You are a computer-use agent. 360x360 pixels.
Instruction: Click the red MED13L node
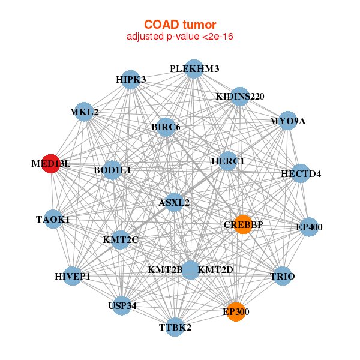[x=51, y=164]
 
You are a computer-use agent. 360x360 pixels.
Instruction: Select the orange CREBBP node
[x=243, y=224]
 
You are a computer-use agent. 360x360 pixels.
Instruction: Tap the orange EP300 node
[x=236, y=312]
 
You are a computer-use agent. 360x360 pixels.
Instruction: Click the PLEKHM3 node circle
[x=194, y=69]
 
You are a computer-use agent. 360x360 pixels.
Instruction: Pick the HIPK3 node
[x=131, y=80]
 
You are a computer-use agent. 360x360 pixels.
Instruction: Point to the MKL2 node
[x=84, y=112]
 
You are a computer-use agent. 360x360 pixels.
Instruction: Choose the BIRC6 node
[x=166, y=127]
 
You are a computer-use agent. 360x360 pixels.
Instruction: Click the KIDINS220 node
[x=240, y=97]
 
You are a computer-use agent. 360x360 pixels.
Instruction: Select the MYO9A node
[x=287, y=121]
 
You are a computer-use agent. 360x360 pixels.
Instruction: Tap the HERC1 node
[x=228, y=161]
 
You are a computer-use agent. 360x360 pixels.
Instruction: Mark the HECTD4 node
[x=301, y=173]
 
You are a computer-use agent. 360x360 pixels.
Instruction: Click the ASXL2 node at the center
[x=174, y=203]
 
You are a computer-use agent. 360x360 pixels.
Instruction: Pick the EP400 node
[x=309, y=227]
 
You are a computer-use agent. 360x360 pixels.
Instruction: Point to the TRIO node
[x=283, y=276]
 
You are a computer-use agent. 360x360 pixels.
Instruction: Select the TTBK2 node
[x=175, y=327]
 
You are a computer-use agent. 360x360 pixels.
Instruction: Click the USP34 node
[x=122, y=306]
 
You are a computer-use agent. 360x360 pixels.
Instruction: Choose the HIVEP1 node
[x=73, y=276]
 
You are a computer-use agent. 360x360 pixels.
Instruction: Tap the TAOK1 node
[x=53, y=219]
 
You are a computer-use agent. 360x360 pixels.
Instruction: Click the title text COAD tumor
[x=180, y=25]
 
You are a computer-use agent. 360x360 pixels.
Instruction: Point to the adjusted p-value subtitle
[x=180, y=37]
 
